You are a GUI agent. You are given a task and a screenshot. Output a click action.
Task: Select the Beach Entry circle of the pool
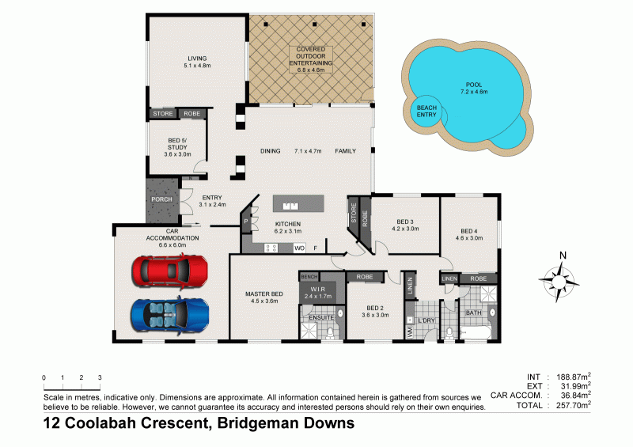[426, 112]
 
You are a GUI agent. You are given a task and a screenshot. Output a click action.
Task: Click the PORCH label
[162, 199]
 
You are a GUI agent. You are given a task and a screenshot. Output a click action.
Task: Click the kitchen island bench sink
[290, 206]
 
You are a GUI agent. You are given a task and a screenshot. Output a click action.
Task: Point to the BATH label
[473, 313]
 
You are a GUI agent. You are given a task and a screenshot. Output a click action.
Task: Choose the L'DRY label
[427, 320]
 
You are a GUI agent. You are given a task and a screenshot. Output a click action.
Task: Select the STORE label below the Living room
[162, 114]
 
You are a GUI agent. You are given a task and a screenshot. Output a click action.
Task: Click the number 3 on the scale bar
[100, 377]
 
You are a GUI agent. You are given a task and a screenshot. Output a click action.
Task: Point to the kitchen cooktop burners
[270, 248]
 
